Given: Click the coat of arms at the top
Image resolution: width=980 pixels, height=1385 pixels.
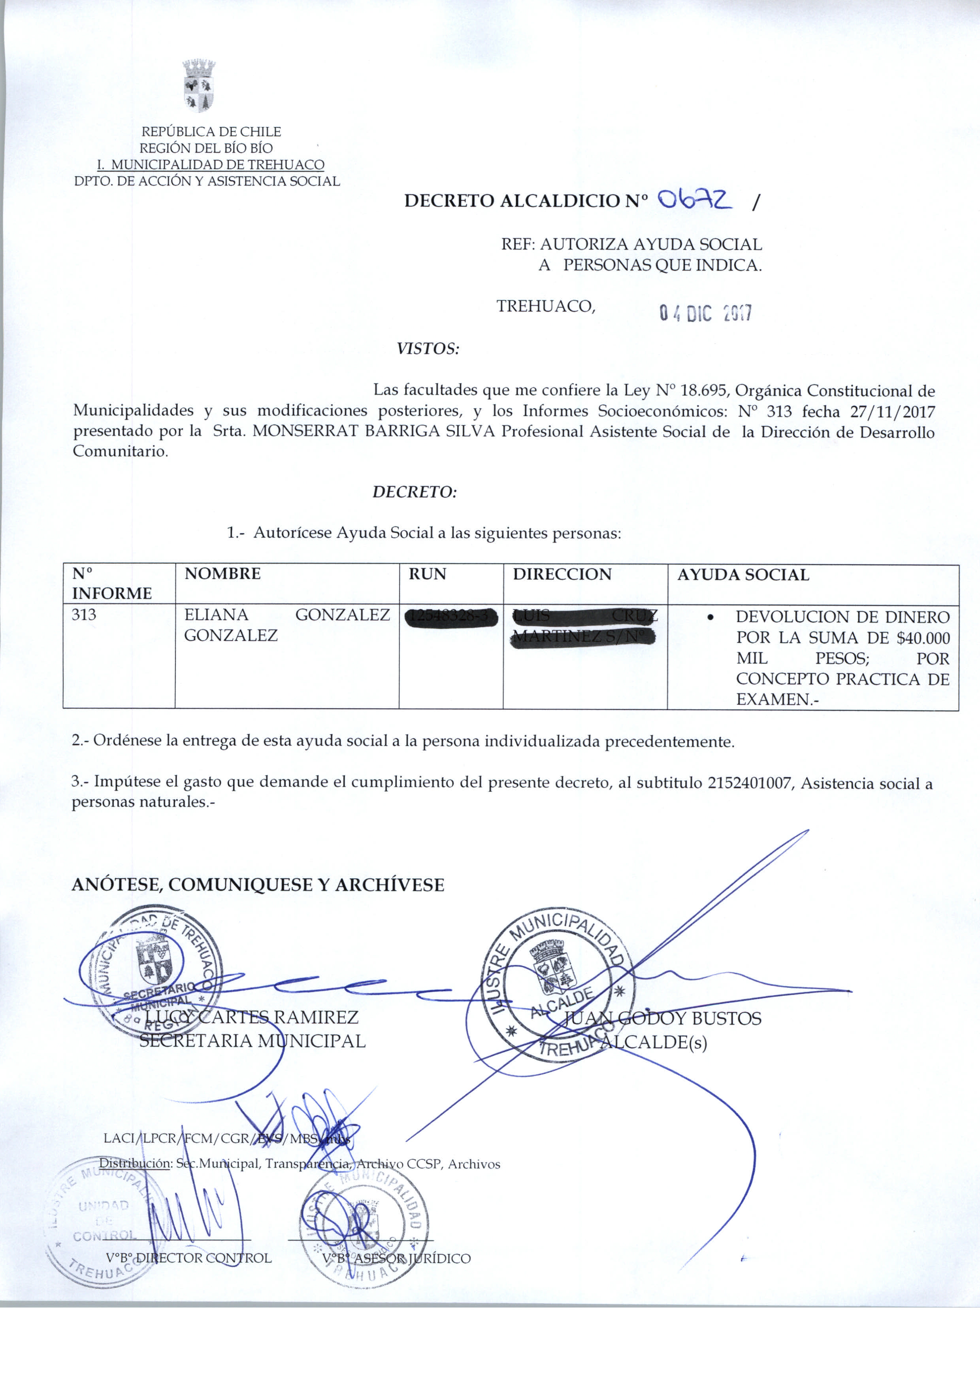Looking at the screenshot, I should pos(199,86).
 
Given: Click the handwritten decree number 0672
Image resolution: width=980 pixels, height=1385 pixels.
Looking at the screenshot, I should pos(695,199).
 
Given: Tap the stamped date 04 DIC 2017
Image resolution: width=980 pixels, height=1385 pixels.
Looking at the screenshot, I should pos(705,313).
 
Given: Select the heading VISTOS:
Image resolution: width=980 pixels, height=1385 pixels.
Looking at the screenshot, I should pos(428,349).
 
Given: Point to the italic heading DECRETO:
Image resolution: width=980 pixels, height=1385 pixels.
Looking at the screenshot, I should pos(415,492).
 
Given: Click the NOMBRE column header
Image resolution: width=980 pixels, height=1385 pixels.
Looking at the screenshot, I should pos(222,574).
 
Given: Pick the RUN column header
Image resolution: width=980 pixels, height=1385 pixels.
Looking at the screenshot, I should pos(427,574).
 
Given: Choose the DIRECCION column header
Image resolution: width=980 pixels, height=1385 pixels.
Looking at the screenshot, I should pos(562,574).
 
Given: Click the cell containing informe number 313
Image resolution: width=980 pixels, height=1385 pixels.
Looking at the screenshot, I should pos(84,615).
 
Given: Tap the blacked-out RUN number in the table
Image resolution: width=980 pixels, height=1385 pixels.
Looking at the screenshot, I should pos(450,617).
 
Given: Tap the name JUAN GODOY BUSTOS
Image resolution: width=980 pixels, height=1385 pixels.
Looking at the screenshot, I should pos(662,1019).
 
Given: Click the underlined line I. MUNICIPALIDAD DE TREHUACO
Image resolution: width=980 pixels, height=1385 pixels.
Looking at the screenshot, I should pos(211,164).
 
